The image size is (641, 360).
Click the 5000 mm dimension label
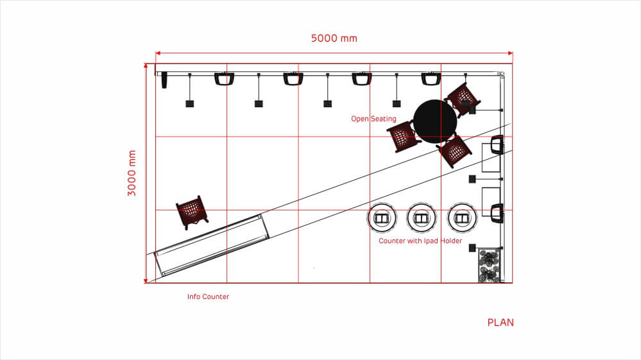tap(334, 38)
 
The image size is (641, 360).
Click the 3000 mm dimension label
tap(132, 173)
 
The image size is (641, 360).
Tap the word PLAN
tap(500, 322)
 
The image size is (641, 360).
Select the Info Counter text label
tap(208, 296)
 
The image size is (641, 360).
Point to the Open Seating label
tap(373, 119)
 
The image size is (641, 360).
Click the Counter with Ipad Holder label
tap(420, 241)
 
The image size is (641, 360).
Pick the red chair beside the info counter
tap(192, 211)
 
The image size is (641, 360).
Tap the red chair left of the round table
tap(402, 136)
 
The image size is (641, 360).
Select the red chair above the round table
tap(463, 97)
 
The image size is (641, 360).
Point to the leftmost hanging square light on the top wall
tap(190, 103)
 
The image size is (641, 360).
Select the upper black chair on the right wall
tap(497, 145)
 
